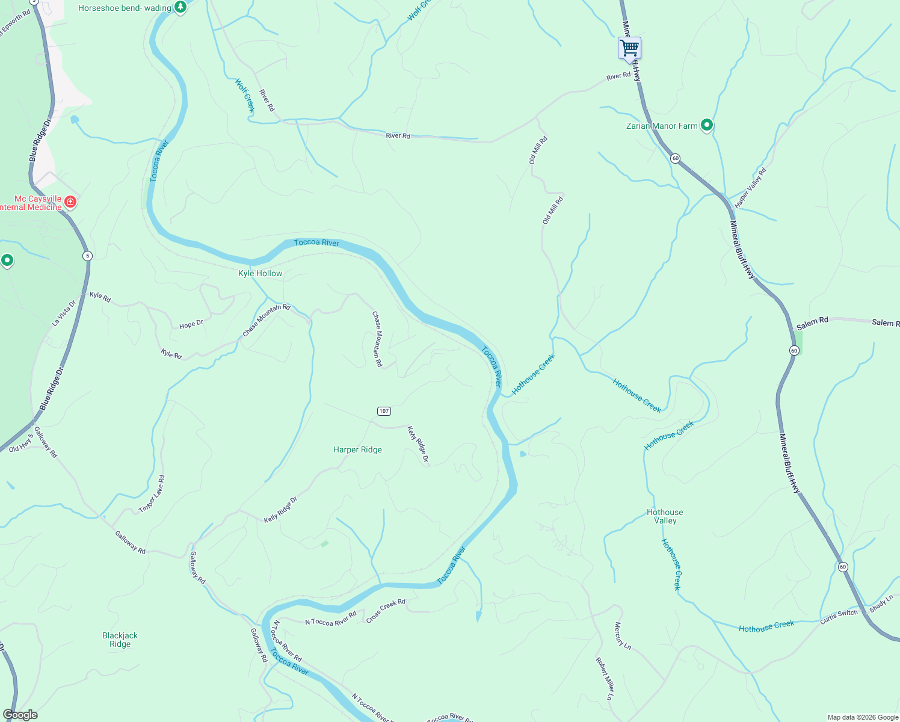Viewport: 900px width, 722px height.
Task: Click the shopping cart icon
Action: coord(629,48)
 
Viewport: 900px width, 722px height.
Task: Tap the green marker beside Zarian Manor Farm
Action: coord(707,125)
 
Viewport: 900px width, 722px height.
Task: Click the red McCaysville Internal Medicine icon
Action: coord(70,202)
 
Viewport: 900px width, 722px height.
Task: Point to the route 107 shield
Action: coord(384,411)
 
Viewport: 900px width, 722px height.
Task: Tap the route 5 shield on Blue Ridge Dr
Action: coord(88,256)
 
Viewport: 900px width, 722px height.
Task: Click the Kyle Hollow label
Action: coord(260,273)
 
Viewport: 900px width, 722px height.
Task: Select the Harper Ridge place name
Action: coord(357,449)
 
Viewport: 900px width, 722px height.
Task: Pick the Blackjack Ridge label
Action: coord(120,640)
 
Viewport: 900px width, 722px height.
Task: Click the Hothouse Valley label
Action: coord(665,516)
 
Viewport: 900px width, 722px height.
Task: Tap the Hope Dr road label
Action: coord(191,324)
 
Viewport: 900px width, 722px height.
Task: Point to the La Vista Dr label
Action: coord(64,313)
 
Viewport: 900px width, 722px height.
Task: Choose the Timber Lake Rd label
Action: coord(152,494)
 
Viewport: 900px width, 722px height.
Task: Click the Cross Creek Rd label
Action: coord(386,610)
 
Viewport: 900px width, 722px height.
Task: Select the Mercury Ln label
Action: coord(622,635)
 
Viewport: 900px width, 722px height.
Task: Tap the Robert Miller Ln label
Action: coord(604,679)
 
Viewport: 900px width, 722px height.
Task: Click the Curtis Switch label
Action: coord(839,617)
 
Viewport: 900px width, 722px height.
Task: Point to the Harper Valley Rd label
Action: coord(751,188)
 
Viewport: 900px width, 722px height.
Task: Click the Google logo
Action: coord(20,715)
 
